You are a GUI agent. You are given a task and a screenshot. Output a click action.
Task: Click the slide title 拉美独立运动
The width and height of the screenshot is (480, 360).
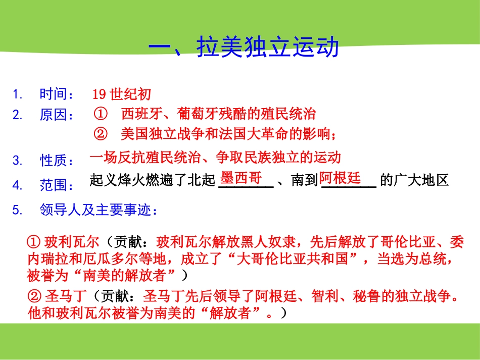[x=243, y=48]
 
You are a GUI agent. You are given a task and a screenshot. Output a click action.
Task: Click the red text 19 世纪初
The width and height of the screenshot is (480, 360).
[x=121, y=94]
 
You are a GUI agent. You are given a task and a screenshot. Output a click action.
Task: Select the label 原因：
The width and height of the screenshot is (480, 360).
[x=57, y=115]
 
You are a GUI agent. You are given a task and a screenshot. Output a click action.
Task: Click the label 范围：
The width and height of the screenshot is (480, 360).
[x=57, y=185]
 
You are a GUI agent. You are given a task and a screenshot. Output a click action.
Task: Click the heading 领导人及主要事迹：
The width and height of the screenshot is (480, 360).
[x=99, y=210]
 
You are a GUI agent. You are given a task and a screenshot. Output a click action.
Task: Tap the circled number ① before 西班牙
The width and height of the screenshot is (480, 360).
[x=101, y=114]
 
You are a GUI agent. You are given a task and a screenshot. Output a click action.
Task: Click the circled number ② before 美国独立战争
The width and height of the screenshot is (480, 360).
[x=101, y=134]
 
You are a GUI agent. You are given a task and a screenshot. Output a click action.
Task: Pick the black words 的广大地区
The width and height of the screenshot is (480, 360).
[x=414, y=180]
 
